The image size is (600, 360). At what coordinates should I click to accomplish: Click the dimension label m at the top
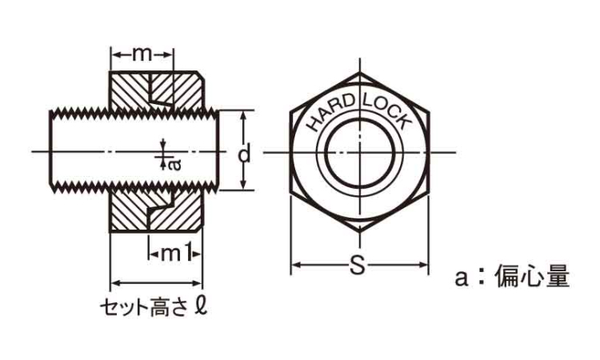pyautogui.click(x=142, y=55)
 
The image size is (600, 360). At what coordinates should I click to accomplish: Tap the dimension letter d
pyautogui.click(x=244, y=154)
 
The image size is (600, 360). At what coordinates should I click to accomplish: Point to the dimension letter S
pyautogui.click(x=358, y=265)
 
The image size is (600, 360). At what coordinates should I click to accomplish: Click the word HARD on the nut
pyautogui.click(x=330, y=112)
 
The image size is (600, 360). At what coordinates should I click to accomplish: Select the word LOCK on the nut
pyautogui.click(x=387, y=111)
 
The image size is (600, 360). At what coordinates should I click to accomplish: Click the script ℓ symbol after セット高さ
pyautogui.click(x=201, y=306)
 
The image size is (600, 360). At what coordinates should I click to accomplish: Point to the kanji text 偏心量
pyautogui.click(x=533, y=276)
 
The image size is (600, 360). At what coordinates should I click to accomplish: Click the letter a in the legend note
pyautogui.click(x=462, y=278)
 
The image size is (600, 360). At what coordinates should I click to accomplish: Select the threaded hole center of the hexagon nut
pyautogui.click(x=360, y=152)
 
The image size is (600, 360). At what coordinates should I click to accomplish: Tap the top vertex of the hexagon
pyautogui.click(x=360, y=72)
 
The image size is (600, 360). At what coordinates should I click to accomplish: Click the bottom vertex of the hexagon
pyautogui.click(x=360, y=232)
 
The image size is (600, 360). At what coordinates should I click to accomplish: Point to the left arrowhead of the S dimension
pyautogui.click(x=295, y=265)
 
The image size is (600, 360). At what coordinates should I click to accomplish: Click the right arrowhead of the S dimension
pyautogui.click(x=424, y=265)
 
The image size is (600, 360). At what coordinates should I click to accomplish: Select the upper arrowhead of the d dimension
pyautogui.click(x=243, y=114)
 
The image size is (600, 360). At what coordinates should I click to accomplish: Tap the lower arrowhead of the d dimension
pyautogui.click(x=243, y=185)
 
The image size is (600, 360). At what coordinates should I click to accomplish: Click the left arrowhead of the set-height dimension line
pyautogui.click(x=115, y=283)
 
